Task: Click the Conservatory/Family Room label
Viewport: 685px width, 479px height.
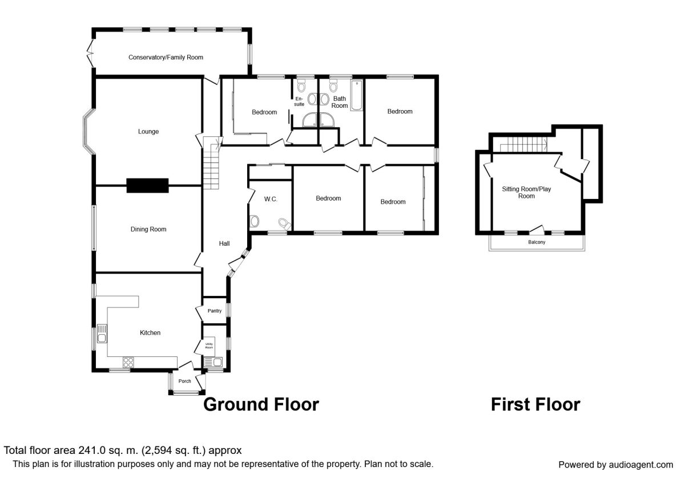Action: pyautogui.click(x=166, y=58)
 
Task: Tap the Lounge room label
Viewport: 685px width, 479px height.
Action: pyautogui.click(x=148, y=132)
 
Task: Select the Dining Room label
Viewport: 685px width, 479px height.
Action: pyautogui.click(x=148, y=229)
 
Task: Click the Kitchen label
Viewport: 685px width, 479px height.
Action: pyautogui.click(x=150, y=332)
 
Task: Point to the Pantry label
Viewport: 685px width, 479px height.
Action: pyautogui.click(x=215, y=311)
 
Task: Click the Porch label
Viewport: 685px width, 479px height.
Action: pyautogui.click(x=184, y=381)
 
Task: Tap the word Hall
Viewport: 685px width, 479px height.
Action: pyautogui.click(x=224, y=243)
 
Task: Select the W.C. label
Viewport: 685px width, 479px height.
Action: pyautogui.click(x=271, y=199)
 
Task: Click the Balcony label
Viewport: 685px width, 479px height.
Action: pyautogui.click(x=537, y=242)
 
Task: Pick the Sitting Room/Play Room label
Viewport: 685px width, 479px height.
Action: pyautogui.click(x=526, y=193)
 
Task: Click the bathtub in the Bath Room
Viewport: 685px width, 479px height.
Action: pyautogui.click(x=357, y=95)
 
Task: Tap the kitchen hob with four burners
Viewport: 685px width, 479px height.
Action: pyautogui.click(x=128, y=363)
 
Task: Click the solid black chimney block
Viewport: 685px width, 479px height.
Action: pyautogui.click(x=147, y=185)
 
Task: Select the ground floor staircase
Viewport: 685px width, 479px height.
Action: pyautogui.click(x=212, y=163)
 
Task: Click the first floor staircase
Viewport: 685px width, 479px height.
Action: pyautogui.click(x=523, y=144)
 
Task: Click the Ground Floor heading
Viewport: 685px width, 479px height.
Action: pyautogui.click(x=261, y=404)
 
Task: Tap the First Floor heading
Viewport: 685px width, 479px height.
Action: pyautogui.click(x=535, y=404)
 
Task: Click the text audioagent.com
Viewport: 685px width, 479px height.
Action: pyautogui.click(x=640, y=465)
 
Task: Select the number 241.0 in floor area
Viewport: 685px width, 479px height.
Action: pyautogui.click(x=92, y=450)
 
